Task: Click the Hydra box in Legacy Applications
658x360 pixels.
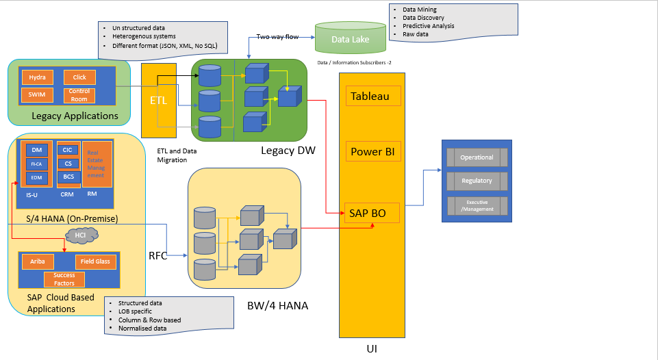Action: pyautogui.click(x=37, y=77)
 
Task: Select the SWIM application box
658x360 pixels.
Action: pyautogui.click(x=37, y=95)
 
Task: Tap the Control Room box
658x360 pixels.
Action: pyautogui.click(x=79, y=95)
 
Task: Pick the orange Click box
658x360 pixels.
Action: pyautogui.click(x=79, y=77)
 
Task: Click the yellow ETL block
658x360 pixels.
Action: pyautogui.click(x=159, y=101)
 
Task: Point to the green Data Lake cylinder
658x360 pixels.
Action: pyautogui.click(x=350, y=39)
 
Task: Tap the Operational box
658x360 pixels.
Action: pyautogui.click(x=477, y=157)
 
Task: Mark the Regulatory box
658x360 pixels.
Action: pyautogui.click(x=477, y=181)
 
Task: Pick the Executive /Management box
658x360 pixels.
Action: pyautogui.click(x=477, y=206)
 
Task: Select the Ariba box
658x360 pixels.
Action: pyautogui.click(x=38, y=261)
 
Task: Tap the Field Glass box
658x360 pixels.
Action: pyautogui.click(x=94, y=261)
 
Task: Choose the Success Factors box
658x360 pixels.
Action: pyautogui.click(x=64, y=279)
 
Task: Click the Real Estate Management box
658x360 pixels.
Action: pyautogui.click(x=95, y=164)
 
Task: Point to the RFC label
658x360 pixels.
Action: pyautogui.click(x=158, y=257)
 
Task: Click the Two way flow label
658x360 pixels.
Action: pyautogui.click(x=277, y=37)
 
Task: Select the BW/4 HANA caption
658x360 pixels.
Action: pyautogui.click(x=277, y=306)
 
